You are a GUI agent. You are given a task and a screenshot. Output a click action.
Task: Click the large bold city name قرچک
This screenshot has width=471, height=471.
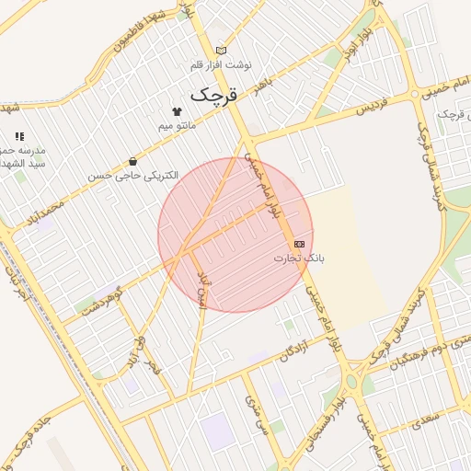click(x=213, y=95)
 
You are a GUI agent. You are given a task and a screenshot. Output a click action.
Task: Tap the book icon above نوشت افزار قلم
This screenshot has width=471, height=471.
click(x=221, y=51)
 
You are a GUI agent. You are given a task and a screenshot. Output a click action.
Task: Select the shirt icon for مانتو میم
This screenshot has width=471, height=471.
click(x=165, y=111)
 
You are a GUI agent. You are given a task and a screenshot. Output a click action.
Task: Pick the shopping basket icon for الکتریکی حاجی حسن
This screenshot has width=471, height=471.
click(x=133, y=161)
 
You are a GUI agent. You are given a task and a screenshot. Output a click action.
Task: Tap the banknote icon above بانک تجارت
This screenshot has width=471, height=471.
click(x=299, y=244)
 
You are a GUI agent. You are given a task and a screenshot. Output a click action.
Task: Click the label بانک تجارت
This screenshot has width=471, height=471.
click(x=299, y=258)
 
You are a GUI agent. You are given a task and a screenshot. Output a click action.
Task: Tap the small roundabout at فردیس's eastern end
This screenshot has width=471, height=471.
click(x=416, y=93)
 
